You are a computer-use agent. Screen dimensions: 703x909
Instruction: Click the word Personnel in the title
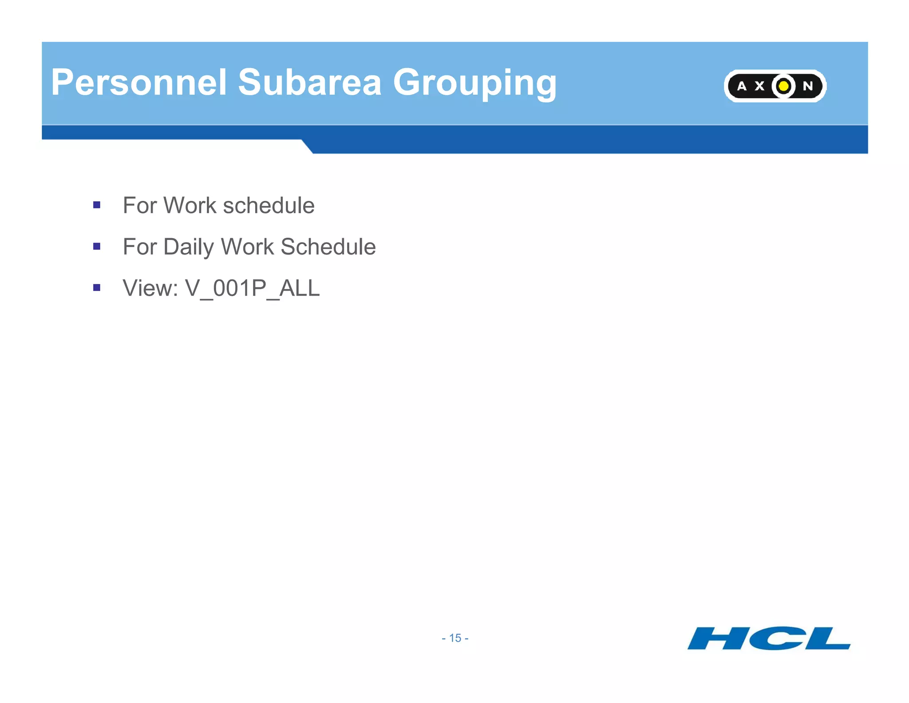(x=139, y=82)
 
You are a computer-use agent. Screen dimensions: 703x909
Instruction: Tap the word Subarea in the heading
(x=309, y=82)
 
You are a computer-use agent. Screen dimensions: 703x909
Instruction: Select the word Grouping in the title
(x=474, y=83)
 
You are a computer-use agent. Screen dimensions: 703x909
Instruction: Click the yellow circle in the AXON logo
(x=783, y=86)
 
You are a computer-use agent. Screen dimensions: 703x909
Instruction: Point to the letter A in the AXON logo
(x=742, y=86)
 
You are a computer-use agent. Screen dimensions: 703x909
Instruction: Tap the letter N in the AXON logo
(x=808, y=86)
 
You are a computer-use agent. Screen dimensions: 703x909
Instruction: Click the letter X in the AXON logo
(x=759, y=86)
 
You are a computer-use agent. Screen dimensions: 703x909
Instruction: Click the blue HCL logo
(x=769, y=639)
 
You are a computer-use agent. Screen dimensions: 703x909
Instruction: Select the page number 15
(x=455, y=638)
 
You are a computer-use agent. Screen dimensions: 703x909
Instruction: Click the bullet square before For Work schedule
(x=97, y=205)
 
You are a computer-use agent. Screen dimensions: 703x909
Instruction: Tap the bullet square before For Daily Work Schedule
(x=97, y=246)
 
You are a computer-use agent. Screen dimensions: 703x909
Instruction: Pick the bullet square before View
(x=97, y=288)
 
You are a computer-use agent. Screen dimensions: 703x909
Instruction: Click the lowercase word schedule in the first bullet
(x=269, y=205)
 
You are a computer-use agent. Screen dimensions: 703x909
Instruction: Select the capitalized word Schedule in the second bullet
(x=328, y=247)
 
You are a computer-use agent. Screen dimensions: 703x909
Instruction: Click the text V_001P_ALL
(x=252, y=288)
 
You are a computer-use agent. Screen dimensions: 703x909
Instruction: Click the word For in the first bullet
(x=139, y=205)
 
